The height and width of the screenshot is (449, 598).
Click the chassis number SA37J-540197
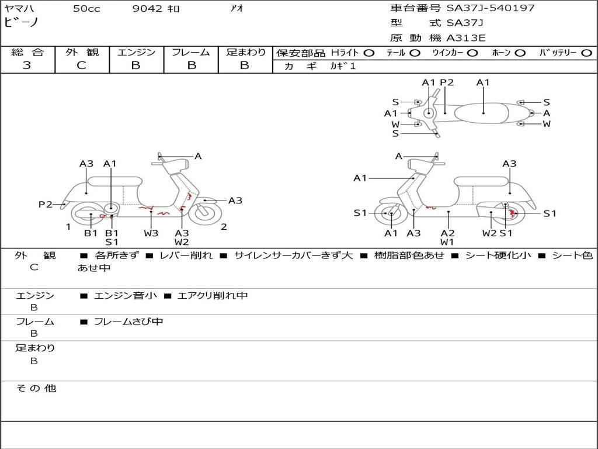491,8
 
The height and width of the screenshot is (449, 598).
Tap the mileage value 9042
148,9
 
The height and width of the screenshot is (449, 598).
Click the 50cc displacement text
86,9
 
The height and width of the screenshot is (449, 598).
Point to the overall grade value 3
27,65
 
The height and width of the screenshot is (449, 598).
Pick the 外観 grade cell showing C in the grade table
81,65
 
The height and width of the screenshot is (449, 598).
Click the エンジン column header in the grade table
136,53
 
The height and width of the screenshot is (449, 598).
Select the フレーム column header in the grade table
191,53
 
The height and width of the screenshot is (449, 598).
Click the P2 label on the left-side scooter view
46,205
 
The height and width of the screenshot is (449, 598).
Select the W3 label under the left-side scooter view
151,233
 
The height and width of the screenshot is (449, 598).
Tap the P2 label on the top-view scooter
447,82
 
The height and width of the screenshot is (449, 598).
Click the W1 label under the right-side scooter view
447,242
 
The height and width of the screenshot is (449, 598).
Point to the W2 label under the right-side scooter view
489,233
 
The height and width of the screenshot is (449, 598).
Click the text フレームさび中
128,322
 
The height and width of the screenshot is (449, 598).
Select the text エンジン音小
125,296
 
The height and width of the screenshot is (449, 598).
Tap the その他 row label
36,388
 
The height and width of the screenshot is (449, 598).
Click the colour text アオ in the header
237,9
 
